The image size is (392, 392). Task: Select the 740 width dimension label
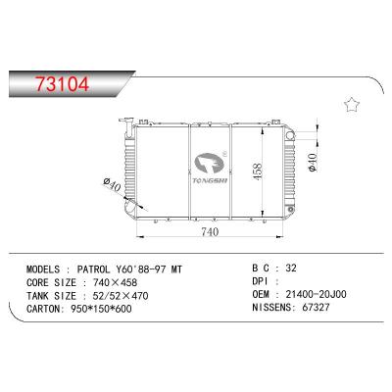209,232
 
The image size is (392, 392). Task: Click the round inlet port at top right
293,124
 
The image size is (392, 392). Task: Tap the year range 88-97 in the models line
155,267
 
